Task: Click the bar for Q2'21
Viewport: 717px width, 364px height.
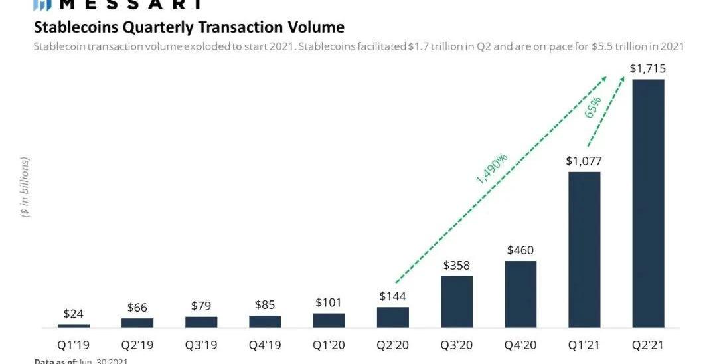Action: click(648, 203)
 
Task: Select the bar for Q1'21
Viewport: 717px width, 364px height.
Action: click(584, 250)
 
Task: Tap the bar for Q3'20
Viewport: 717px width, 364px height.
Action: click(457, 302)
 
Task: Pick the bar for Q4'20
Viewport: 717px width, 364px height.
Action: click(520, 294)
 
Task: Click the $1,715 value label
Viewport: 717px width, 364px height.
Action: click(648, 68)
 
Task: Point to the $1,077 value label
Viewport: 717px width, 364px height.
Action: click(584, 161)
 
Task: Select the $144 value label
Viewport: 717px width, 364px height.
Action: click(392, 296)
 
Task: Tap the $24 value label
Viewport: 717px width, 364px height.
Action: click(74, 314)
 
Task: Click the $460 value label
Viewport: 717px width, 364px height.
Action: click(520, 250)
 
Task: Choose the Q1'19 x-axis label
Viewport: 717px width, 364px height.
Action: click(74, 345)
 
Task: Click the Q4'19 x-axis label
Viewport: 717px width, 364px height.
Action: click(265, 345)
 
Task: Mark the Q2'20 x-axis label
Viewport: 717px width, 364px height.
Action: click(392, 345)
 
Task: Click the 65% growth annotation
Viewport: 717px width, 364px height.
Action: click(593, 108)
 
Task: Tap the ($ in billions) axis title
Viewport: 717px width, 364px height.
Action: click(25, 187)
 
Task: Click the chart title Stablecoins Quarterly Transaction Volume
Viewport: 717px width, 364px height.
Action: click(189, 27)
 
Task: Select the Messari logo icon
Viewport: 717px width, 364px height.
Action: click(42, 5)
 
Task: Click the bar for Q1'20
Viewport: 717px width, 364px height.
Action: click(329, 321)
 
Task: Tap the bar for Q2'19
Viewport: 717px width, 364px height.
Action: click(137, 323)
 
